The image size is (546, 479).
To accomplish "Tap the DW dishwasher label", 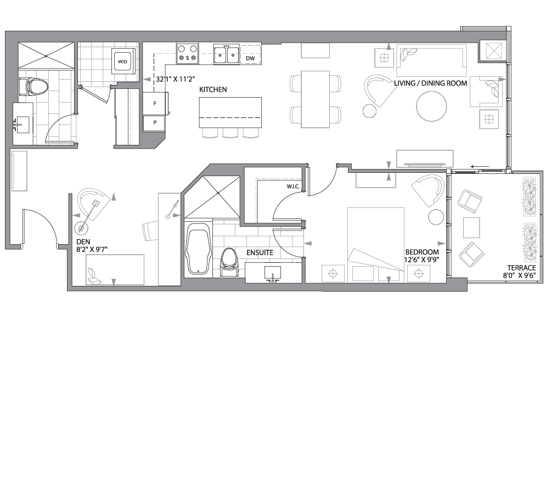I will click(x=250, y=58).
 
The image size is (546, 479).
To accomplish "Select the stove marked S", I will click(x=188, y=54).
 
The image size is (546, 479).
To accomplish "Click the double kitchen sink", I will click(x=226, y=55).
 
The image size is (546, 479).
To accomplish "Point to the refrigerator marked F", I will click(x=155, y=103).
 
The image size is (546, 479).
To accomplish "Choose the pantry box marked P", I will click(x=155, y=123).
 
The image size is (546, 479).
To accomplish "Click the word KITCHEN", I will click(x=213, y=89).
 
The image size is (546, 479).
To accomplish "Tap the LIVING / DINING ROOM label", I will click(x=430, y=83).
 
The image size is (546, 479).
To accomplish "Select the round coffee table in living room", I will click(x=431, y=106).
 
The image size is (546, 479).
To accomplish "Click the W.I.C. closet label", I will click(x=293, y=187).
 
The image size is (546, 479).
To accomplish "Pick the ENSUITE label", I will click(x=260, y=252).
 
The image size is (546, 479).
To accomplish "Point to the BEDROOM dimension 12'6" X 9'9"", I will click(x=422, y=260).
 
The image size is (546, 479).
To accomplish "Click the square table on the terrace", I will click(x=471, y=227).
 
